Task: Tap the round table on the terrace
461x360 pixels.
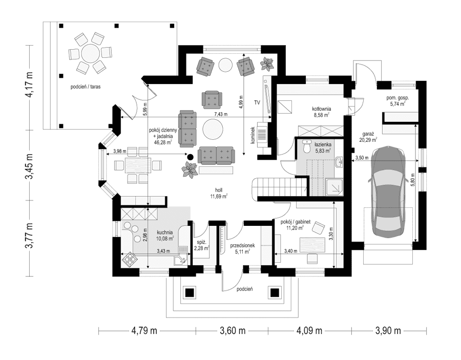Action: click(91, 53)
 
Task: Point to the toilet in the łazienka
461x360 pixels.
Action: click(307, 147)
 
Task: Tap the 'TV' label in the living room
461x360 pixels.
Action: click(257, 102)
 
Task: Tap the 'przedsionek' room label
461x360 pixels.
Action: click(242, 246)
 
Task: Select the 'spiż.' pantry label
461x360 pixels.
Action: click(200, 242)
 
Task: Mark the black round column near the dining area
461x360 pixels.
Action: click(190, 157)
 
